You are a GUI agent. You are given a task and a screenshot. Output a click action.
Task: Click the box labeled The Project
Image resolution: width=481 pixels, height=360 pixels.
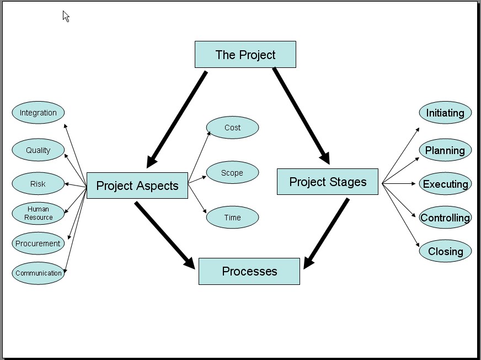pyautogui.click(x=245, y=55)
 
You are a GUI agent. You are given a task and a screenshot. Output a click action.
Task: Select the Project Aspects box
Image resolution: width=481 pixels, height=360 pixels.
pyautogui.click(x=137, y=186)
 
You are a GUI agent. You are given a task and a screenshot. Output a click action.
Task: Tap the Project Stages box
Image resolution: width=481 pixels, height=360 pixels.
pyautogui.click(x=328, y=182)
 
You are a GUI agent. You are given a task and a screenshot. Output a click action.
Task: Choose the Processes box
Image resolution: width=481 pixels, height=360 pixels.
pyautogui.click(x=249, y=271)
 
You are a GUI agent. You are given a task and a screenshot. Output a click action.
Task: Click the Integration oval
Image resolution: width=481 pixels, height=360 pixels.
pyautogui.click(x=38, y=113)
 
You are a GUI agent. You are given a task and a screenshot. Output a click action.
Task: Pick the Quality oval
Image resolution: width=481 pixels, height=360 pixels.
pyautogui.click(x=38, y=150)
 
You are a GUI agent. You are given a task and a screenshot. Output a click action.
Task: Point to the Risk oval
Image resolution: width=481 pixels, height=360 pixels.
pyautogui.click(x=38, y=184)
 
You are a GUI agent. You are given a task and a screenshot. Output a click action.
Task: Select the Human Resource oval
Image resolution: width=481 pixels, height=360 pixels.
pyautogui.click(x=38, y=213)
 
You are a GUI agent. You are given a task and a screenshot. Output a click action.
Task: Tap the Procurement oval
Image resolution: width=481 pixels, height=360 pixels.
pyautogui.click(x=38, y=243)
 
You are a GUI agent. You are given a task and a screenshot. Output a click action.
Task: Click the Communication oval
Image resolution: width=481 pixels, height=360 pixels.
pyautogui.click(x=38, y=273)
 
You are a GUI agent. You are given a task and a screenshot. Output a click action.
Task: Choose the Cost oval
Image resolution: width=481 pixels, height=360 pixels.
pyautogui.click(x=232, y=128)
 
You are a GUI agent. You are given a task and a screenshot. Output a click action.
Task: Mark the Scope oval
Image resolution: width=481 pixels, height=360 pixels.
pyautogui.click(x=232, y=173)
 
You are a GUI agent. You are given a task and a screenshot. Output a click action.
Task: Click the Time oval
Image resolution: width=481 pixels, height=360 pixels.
pyautogui.click(x=232, y=218)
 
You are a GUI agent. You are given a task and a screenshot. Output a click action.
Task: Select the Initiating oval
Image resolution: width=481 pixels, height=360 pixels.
pyautogui.click(x=445, y=113)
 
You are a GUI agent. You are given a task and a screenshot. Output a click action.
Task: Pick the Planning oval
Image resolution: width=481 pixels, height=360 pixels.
pyautogui.click(x=445, y=150)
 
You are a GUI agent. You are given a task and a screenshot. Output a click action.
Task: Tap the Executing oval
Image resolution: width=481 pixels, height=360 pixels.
pyautogui.click(x=445, y=184)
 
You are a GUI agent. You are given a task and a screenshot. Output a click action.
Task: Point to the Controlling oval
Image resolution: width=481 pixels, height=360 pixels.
pyautogui.click(x=445, y=218)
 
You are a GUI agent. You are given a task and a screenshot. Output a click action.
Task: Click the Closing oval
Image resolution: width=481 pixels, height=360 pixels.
pyautogui.click(x=445, y=251)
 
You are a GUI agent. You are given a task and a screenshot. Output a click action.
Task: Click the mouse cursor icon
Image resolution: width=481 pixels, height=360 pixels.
pyautogui.click(x=66, y=17)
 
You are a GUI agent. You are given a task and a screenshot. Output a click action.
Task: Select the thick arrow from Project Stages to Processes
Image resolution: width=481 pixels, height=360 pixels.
pyautogui.click(x=327, y=232)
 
